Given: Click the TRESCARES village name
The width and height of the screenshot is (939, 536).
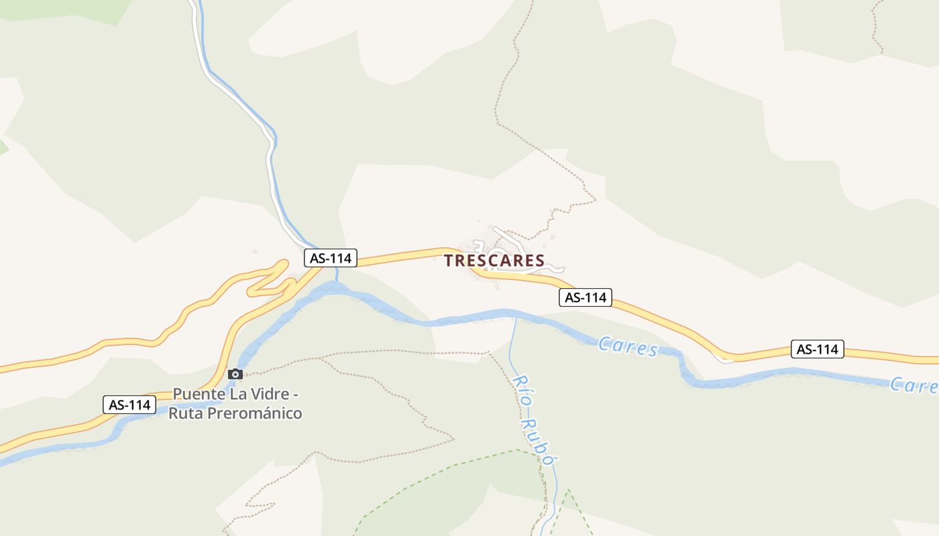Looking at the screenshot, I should coord(494,261).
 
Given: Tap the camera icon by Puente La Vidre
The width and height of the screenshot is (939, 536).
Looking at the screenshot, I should coord(235,374).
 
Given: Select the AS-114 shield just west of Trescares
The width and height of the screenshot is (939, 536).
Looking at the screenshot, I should coord(331,258).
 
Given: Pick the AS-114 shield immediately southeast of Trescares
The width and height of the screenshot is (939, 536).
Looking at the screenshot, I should coord(586,297).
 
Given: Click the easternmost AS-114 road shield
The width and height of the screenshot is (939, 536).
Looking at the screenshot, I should coord(817,349).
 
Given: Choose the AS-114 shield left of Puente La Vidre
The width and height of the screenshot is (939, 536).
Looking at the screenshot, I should coord(129,405).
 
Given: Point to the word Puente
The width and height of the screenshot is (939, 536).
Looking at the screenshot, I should coord(198,393).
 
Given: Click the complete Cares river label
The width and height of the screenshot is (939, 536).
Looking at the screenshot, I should coord(627,347).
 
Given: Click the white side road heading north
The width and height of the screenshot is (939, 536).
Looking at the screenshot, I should coord(269,154).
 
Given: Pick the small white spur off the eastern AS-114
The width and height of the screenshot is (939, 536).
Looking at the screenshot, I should coord(724,360).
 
